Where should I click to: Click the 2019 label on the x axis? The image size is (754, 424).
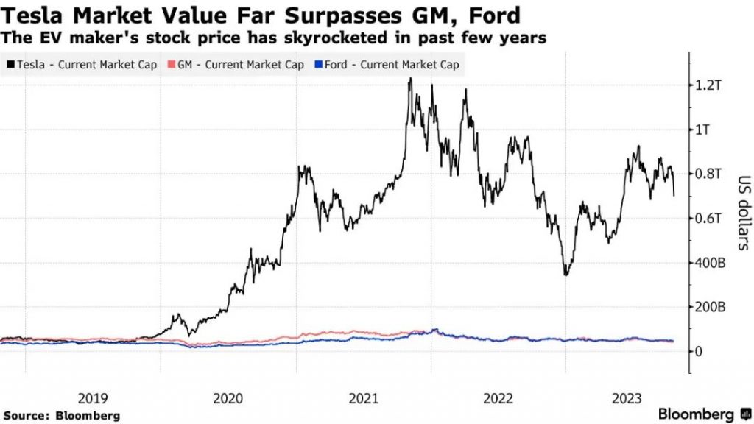pyautogui.click(x=93, y=398)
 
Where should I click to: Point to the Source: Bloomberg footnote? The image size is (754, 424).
pyautogui.click(x=60, y=415)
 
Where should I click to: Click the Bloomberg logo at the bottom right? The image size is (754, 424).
pyautogui.click(x=696, y=414)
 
